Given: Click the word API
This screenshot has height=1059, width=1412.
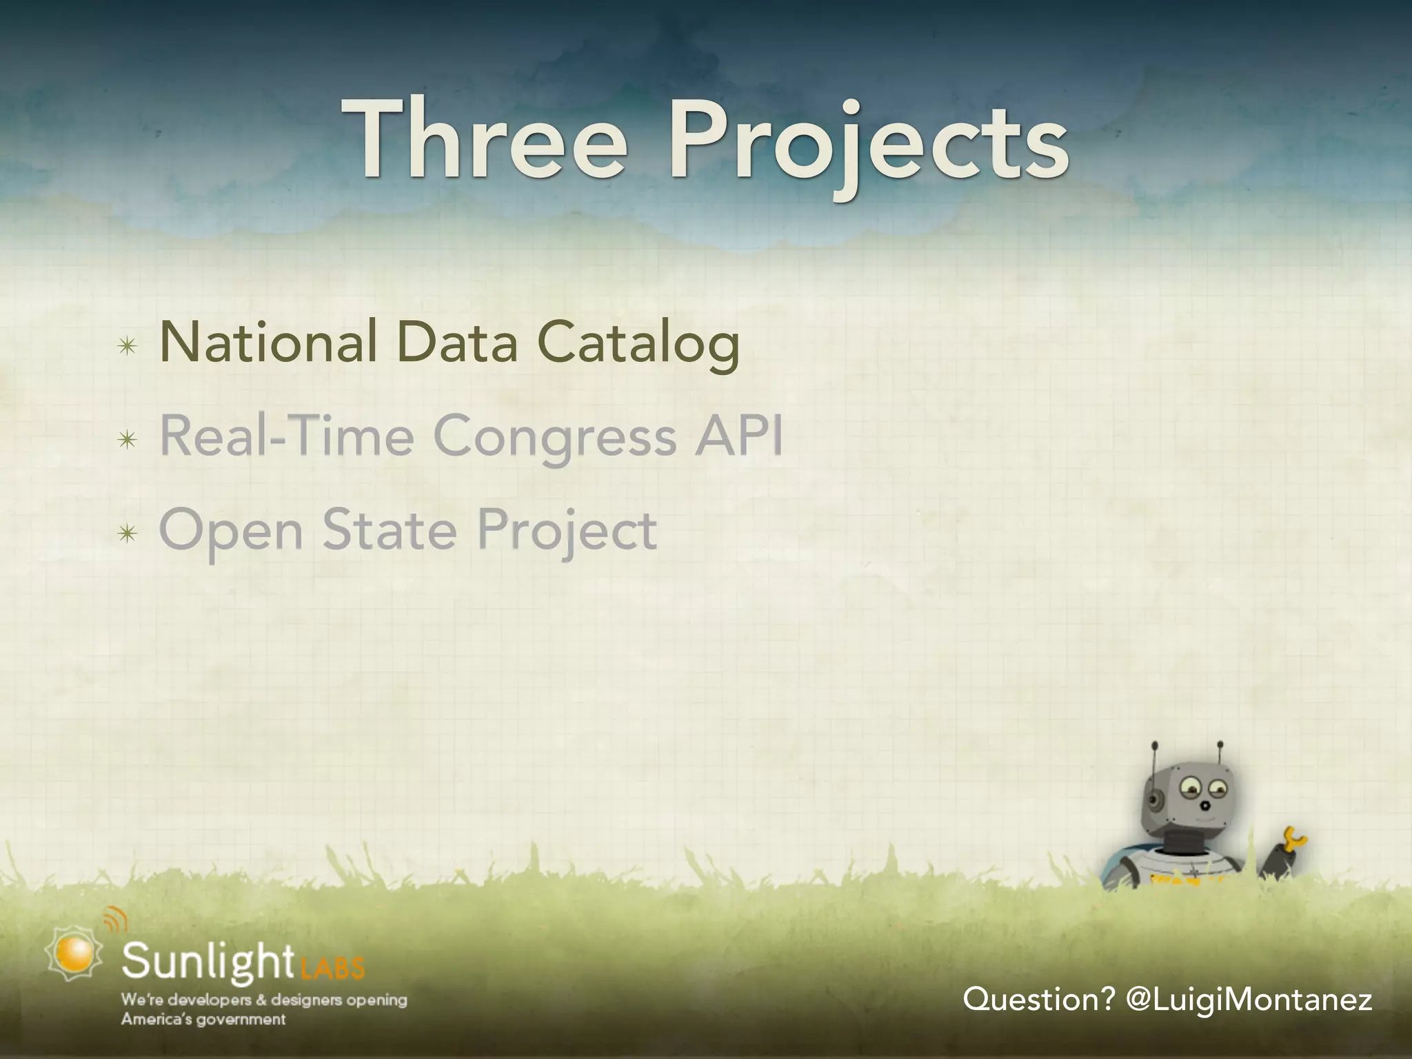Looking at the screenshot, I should [738, 436].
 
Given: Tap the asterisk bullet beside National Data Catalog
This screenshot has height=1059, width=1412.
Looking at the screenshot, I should [127, 347].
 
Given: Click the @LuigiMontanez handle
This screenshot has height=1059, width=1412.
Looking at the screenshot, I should [1248, 999].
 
